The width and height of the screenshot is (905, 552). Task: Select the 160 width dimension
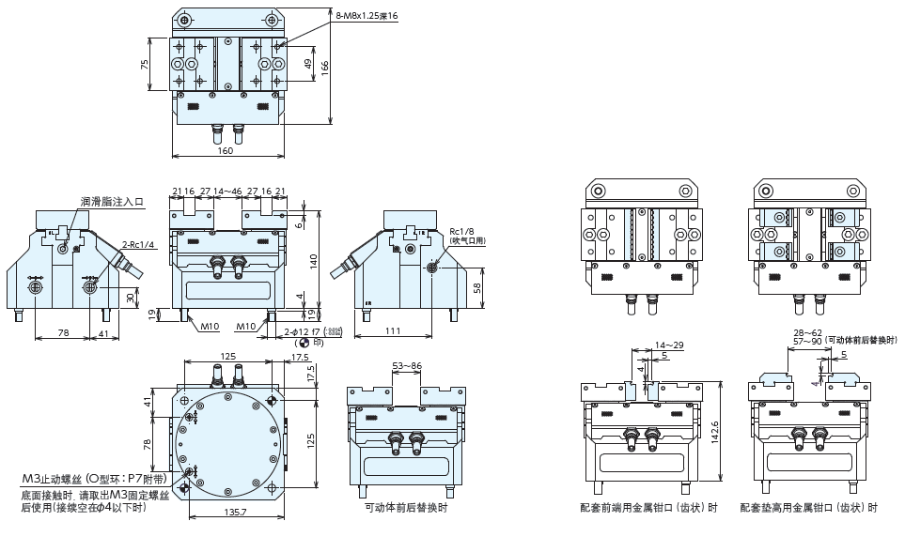coord(226,151)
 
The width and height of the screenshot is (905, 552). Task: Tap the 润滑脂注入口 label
coord(112,202)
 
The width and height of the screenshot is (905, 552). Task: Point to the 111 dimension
coord(394,331)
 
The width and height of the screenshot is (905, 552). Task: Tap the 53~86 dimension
coord(406,364)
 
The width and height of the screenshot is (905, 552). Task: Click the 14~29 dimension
coord(670,345)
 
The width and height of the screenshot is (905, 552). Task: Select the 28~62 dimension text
coord(807,332)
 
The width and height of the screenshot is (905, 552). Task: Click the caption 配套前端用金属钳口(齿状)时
coord(648,508)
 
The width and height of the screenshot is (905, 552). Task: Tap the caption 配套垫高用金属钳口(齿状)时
coord(808,508)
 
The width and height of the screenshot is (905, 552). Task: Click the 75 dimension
coord(145,65)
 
